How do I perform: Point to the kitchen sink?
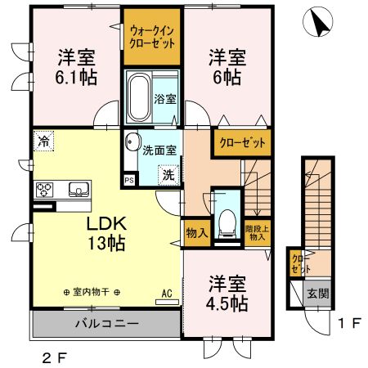click(x=78, y=190)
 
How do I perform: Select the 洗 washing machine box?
click(x=166, y=173)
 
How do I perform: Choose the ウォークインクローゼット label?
click(x=152, y=38)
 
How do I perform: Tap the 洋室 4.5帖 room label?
click(x=227, y=294)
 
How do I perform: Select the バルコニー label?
click(x=106, y=323)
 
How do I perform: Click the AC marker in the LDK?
click(x=166, y=293)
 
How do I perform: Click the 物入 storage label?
click(x=195, y=232)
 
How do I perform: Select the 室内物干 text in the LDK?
click(x=92, y=292)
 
